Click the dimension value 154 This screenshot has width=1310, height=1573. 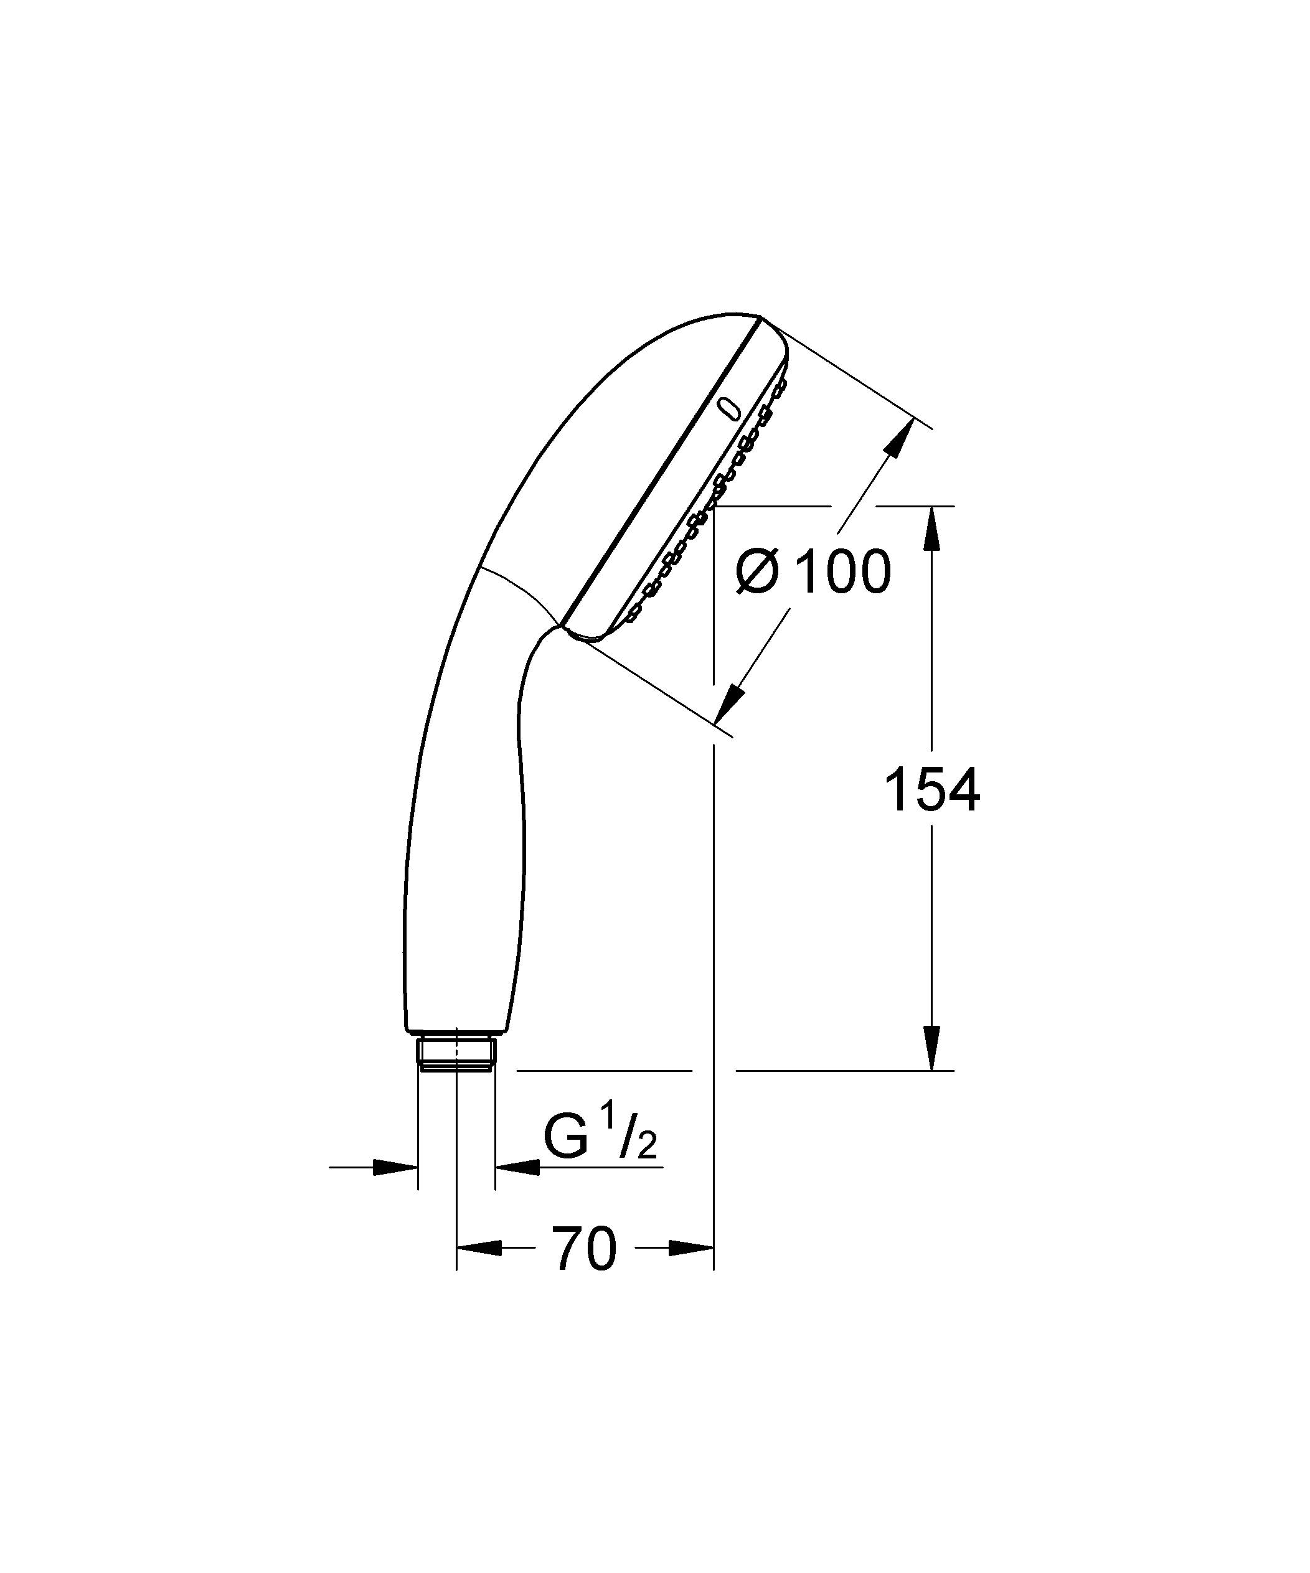pos(931,791)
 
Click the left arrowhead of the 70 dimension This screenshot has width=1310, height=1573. pos(478,1248)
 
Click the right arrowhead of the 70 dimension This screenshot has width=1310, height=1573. pos(691,1248)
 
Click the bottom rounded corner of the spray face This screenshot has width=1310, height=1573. pos(588,637)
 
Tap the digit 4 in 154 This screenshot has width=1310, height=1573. pos(963,791)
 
